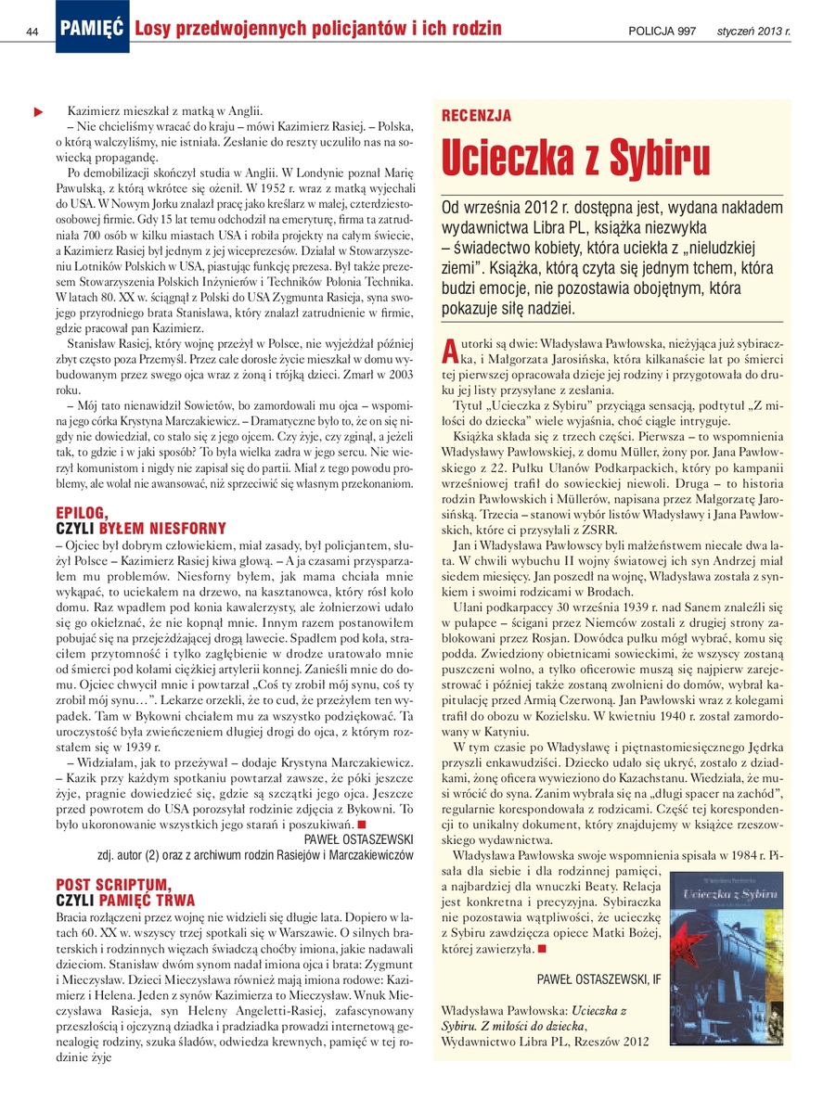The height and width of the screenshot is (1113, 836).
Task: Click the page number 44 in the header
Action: point(32,31)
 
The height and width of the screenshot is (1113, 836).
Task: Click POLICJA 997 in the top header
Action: point(662,32)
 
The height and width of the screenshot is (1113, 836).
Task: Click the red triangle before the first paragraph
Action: point(38,112)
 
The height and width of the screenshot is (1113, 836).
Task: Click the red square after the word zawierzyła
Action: point(541,947)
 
